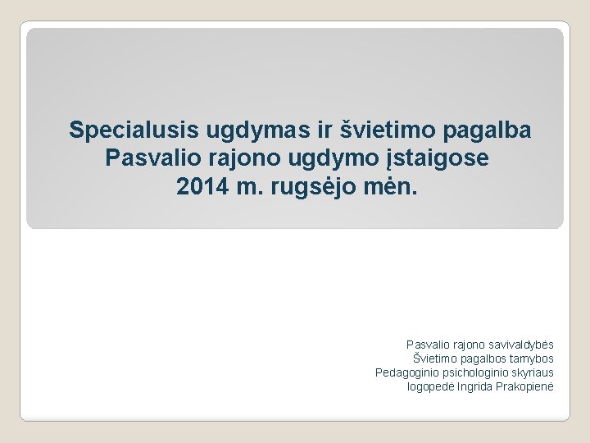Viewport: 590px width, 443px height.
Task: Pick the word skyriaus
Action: click(533, 372)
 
